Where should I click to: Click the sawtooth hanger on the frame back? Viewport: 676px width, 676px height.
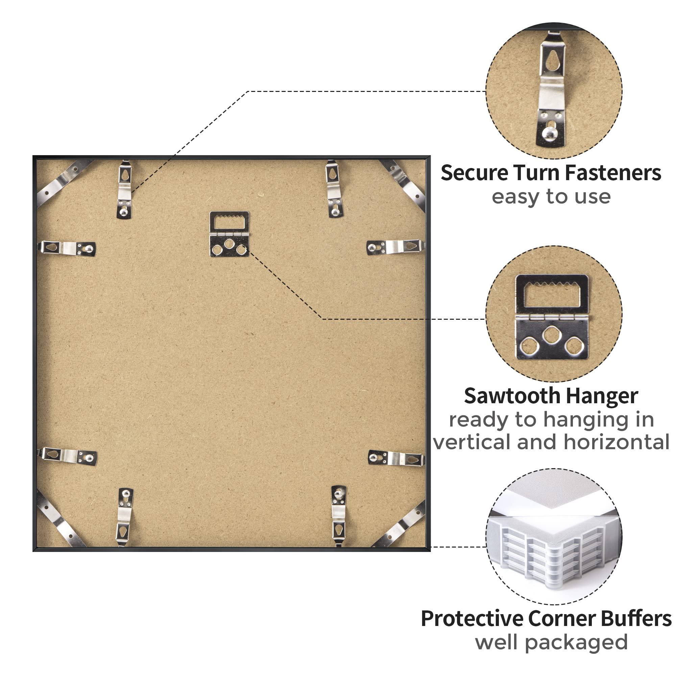coord(229,234)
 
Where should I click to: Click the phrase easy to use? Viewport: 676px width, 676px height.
coord(551,197)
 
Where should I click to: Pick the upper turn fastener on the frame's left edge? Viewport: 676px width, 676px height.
coord(67,248)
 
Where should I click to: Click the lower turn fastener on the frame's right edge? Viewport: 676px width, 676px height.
coord(396,458)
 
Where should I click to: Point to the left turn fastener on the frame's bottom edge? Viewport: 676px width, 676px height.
coord(125,517)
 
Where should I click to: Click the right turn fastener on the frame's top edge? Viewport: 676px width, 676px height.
coord(334,189)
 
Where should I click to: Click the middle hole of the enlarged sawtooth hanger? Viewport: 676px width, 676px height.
coord(551,335)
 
